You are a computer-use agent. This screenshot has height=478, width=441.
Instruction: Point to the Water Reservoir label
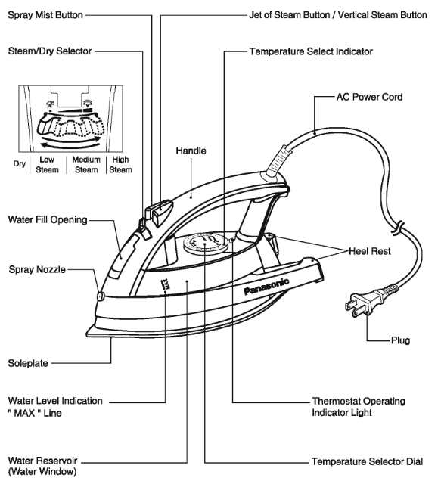43,464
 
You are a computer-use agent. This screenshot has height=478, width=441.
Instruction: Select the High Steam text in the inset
120,165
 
